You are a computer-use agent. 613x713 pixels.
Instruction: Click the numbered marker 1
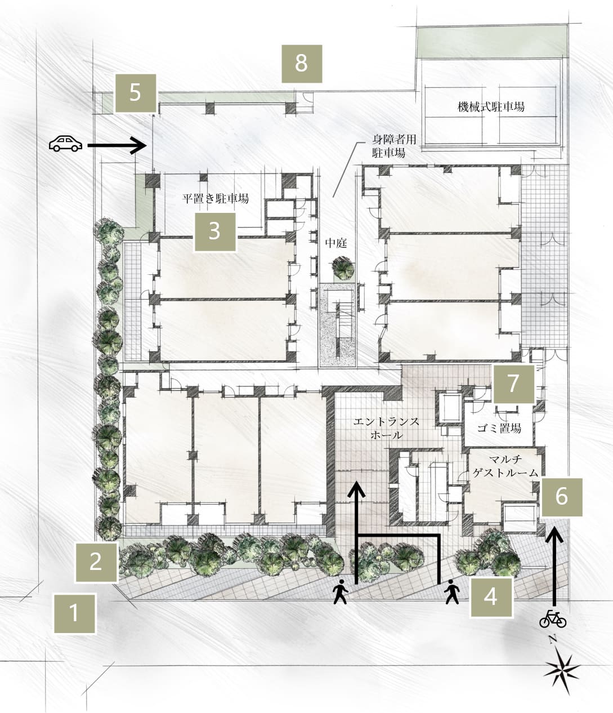[x=75, y=613]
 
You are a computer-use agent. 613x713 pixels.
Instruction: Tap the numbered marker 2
[x=96, y=562]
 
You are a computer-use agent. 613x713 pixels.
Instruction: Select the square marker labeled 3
[x=215, y=231]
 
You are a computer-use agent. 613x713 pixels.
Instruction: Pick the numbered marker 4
[x=491, y=597]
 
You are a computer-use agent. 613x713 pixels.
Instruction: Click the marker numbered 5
[x=136, y=93]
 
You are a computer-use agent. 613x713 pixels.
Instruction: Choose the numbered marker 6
[x=562, y=497]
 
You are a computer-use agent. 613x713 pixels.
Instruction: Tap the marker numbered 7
[x=514, y=384]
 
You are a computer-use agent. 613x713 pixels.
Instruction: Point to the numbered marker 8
[x=302, y=64]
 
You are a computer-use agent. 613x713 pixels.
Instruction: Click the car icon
[x=65, y=144]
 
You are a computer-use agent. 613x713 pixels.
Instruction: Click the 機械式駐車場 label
[x=491, y=106]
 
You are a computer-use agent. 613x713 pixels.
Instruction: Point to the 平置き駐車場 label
[x=216, y=199]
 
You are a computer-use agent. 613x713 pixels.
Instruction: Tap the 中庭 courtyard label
[x=336, y=243]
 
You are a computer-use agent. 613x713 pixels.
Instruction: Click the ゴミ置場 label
[x=499, y=429]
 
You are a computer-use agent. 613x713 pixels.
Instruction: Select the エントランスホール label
[x=387, y=428]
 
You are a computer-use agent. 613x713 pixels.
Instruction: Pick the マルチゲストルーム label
[x=505, y=466]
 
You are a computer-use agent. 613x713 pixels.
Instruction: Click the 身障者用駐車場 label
[x=394, y=146]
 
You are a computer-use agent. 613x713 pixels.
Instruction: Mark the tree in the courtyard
[x=343, y=267]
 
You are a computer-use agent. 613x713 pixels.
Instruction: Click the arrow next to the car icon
[x=117, y=145]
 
